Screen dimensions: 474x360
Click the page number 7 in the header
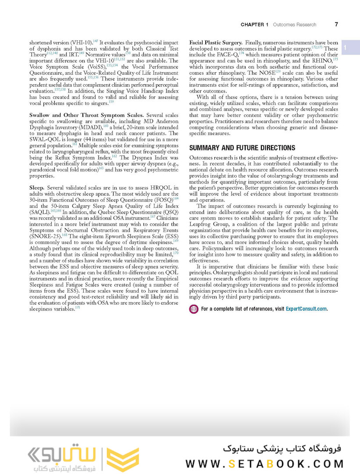(336, 25)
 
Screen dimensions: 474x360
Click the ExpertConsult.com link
(306, 309)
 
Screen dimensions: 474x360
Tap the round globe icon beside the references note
(193, 309)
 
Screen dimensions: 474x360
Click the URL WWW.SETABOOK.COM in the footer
(264, 463)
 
